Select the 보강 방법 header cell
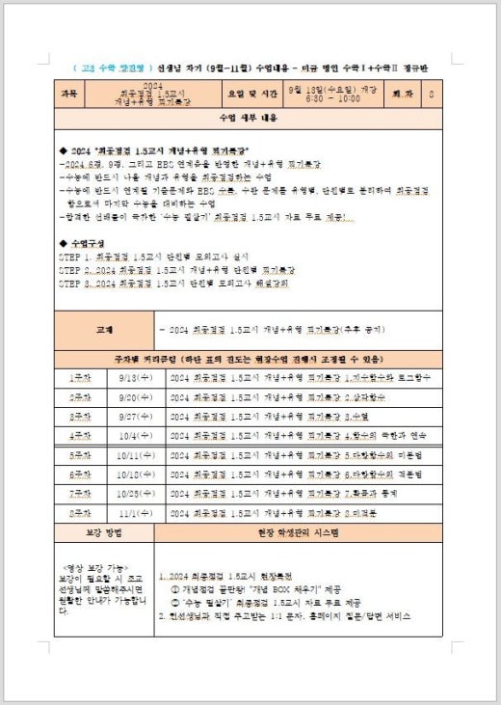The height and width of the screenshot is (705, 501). pos(104,532)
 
